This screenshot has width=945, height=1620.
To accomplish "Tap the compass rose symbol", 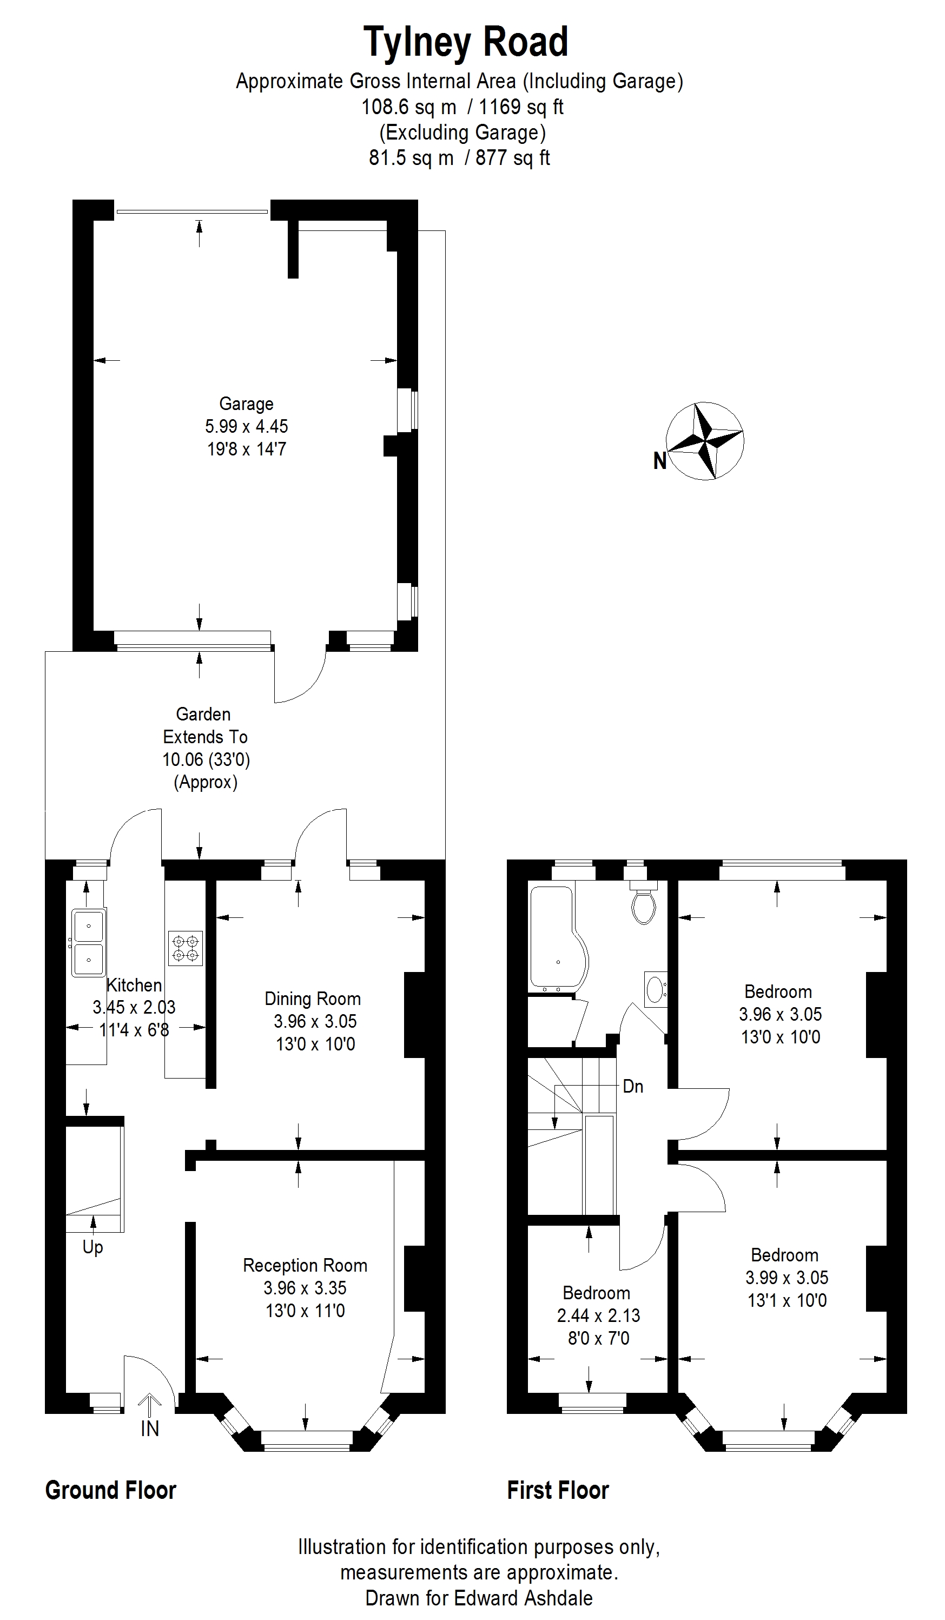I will [705, 441].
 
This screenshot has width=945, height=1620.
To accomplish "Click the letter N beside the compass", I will [659, 460].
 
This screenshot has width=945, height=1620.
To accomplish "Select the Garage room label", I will [246, 404].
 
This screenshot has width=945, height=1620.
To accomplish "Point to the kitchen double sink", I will [89, 942].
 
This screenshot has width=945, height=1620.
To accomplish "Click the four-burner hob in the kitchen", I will [185, 948].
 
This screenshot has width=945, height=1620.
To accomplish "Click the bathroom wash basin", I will [655, 989].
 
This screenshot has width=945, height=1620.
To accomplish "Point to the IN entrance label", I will [150, 1429].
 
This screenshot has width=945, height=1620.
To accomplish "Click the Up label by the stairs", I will [92, 1247].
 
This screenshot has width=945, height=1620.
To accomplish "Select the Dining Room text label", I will [313, 999].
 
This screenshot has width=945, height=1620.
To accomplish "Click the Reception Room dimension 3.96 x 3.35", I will [305, 1288].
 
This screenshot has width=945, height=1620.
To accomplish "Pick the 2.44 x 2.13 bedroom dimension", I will [598, 1315].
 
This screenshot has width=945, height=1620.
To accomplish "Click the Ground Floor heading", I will [110, 1490].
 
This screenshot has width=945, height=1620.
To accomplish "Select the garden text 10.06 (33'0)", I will [206, 759].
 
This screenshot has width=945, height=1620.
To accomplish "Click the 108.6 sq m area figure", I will [409, 107].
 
